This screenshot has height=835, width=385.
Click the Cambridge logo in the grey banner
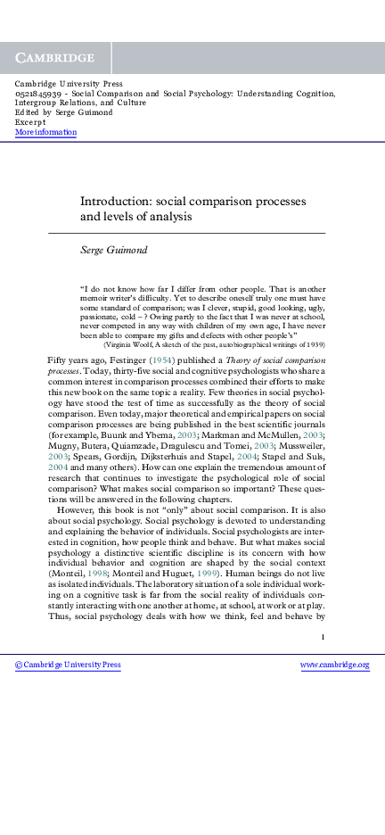[x=55, y=58]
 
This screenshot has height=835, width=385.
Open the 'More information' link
[x=45, y=132]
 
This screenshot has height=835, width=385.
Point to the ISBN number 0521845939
[x=38, y=93]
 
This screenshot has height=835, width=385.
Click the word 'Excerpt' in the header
[x=30, y=122]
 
